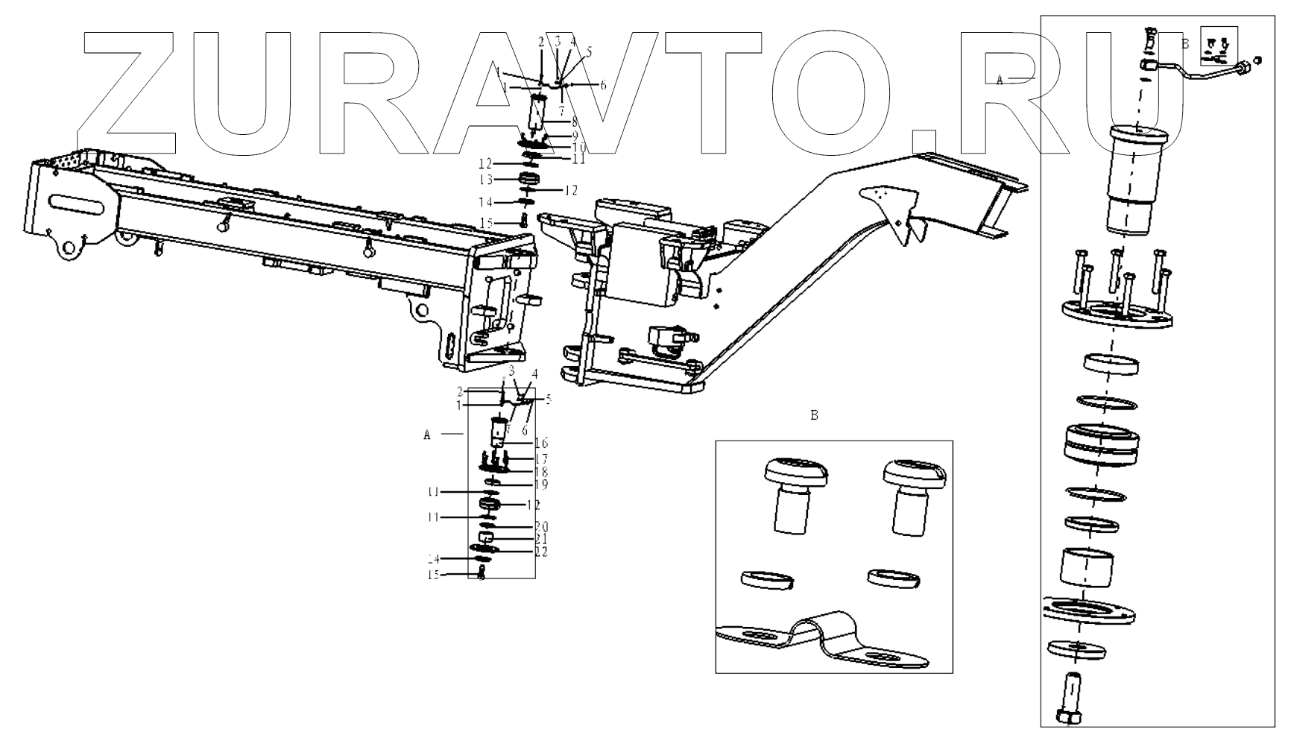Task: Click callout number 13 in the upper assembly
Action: (485, 180)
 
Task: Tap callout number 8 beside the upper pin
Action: (575, 120)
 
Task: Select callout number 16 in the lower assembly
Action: (541, 444)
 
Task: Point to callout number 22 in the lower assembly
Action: (541, 552)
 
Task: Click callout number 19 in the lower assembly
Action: (541, 485)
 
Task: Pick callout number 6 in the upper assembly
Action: (602, 85)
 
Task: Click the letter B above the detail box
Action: (814, 415)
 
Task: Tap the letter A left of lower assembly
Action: (427, 435)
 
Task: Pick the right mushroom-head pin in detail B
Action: (911, 495)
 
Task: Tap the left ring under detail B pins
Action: (767, 580)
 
